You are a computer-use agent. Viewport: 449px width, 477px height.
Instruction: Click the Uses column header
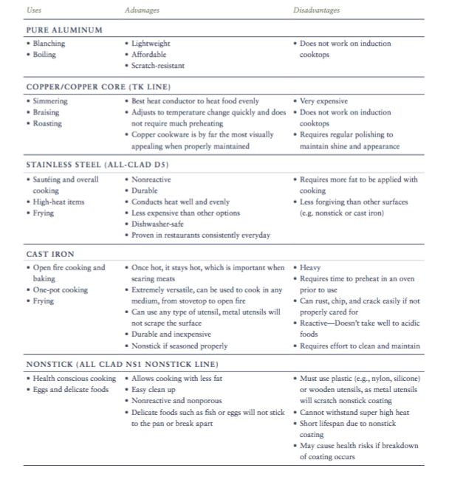(34, 10)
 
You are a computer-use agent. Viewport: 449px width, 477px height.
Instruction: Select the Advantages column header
(143, 10)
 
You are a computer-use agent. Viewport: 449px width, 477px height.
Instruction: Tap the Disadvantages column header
(317, 10)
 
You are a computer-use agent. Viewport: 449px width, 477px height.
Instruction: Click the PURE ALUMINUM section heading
(64, 30)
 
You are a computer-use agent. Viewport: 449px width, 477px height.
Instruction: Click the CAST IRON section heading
(50, 253)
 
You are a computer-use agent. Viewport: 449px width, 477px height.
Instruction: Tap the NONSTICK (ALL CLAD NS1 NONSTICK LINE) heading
(121, 364)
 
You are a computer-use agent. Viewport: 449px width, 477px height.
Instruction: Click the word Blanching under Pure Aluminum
(49, 44)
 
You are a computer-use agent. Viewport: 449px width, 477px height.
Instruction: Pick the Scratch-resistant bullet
(158, 66)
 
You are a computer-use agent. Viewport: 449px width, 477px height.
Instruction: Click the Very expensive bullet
(323, 100)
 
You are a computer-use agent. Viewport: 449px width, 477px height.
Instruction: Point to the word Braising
(47, 112)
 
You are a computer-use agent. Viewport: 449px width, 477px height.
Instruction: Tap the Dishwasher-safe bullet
(159, 224)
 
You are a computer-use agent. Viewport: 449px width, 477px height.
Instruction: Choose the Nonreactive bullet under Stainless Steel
(152, 179)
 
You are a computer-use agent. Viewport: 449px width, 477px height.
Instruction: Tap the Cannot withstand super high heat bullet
(354, 412)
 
